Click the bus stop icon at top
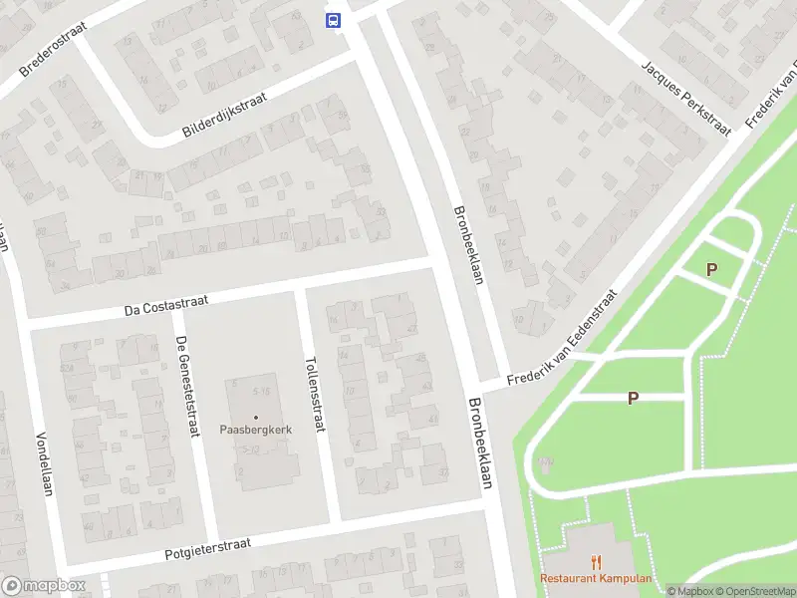333,19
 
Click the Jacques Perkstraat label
686,96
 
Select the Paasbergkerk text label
255,431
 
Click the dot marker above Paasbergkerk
256,417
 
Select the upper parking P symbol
711,269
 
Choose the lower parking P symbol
632,398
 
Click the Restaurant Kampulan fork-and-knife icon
597,562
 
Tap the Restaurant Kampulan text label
596,579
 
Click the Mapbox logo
43,586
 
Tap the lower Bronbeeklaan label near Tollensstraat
481,445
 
